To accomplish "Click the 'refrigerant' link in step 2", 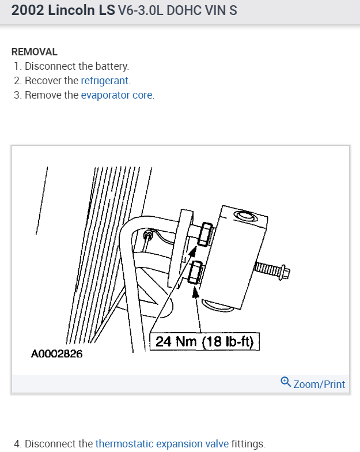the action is pos(105,81).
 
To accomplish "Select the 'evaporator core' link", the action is pos(117,95).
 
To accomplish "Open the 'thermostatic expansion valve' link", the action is pos(162,443).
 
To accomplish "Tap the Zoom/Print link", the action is pos(319,384).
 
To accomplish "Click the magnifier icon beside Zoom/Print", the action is pos(286,382).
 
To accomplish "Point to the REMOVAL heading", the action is pos(35,52).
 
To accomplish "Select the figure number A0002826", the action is pos(56,354).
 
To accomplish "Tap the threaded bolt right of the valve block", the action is pos(272,269).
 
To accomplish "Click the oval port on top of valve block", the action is pos(245,216).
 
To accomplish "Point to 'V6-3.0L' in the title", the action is pos(140,11).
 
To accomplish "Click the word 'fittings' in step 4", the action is pos(248,443).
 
